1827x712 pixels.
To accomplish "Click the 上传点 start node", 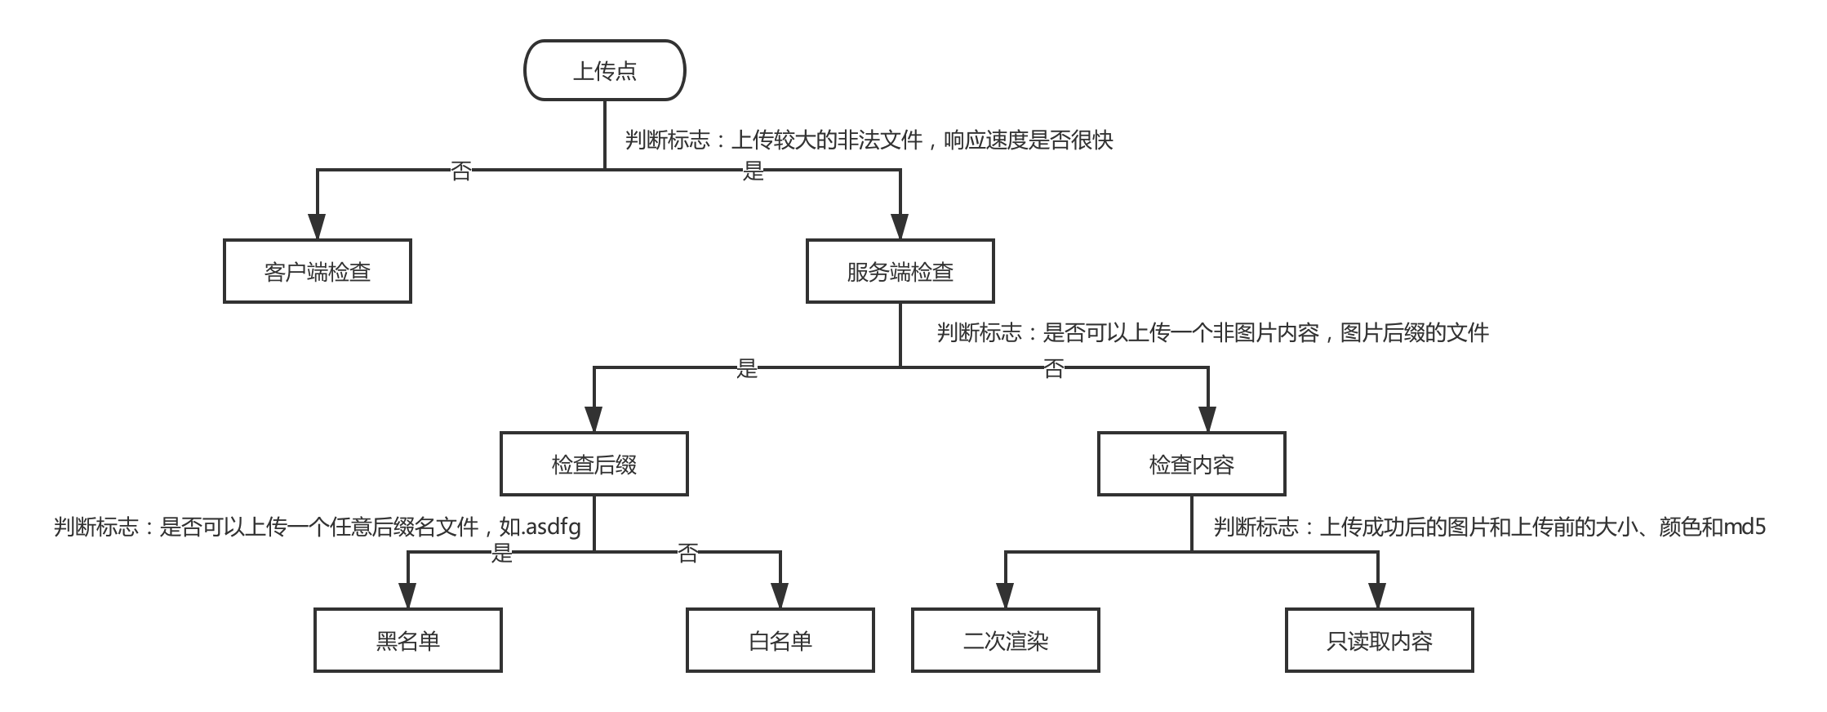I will tap(604, 71).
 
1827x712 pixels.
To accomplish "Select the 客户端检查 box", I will tap(318, 271).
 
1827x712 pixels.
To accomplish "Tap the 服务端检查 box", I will tap(900, 271).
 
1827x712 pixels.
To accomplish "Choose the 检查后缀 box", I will tap(594, 464).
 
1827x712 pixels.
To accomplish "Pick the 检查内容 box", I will tap(1191, 464).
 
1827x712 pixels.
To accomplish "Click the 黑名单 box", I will tap(408, 640).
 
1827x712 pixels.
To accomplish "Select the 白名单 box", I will tap(780, 640).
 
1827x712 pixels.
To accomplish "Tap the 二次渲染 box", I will tap(1006, 640).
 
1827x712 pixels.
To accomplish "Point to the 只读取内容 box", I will tap(1380, 640).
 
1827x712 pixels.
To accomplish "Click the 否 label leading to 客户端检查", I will tap(461, 171).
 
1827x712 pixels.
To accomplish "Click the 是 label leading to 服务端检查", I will tap(753, 171).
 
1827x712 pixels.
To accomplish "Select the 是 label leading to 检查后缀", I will tap(747, 368).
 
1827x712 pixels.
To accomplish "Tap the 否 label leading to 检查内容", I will tap(1054, 368).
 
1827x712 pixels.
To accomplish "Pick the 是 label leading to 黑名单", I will tap(501, 553).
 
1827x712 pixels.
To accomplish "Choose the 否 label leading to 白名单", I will tap(687, 553).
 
